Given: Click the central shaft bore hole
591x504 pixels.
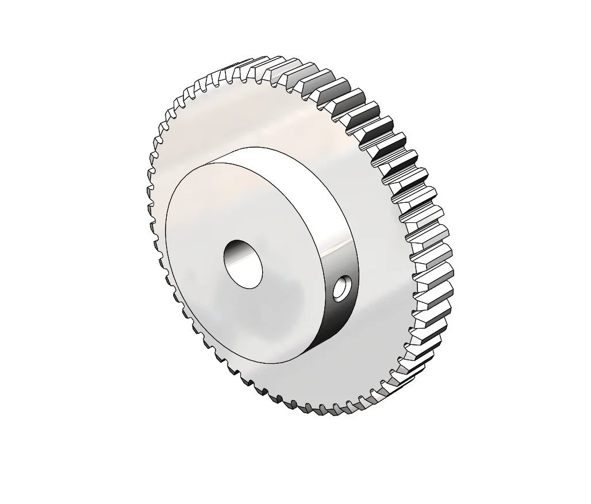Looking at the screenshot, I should tap(243, 262).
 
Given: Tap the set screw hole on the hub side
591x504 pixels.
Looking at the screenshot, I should tap(344, 288).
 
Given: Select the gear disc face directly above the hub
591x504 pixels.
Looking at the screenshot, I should tap(259, 115).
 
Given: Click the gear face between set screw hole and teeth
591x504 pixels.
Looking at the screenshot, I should tap(379, 299).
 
